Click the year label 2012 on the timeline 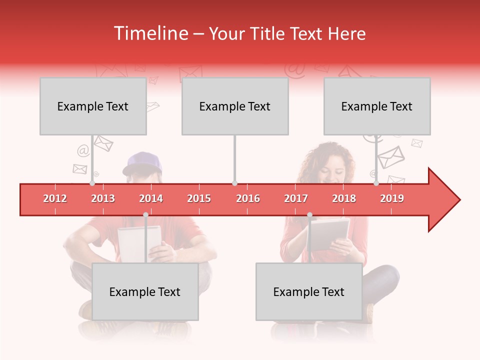pos(55,198)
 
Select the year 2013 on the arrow pos(103,198)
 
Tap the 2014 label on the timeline pos(151,198)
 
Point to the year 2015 pos(199,198)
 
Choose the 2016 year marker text pos(248,198)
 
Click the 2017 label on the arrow pos(296,198)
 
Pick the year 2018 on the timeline pos(344,198)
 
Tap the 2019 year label pos(392,198)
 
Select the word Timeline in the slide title pos(150,33)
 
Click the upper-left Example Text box pos(93,106)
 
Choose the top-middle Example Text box pos(235,106)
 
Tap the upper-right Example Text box pos(377,106)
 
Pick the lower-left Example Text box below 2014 pos(145,291)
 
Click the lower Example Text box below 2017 pos(309,291)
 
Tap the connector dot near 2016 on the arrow pos(235,183)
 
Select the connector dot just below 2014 pos(145,214)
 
